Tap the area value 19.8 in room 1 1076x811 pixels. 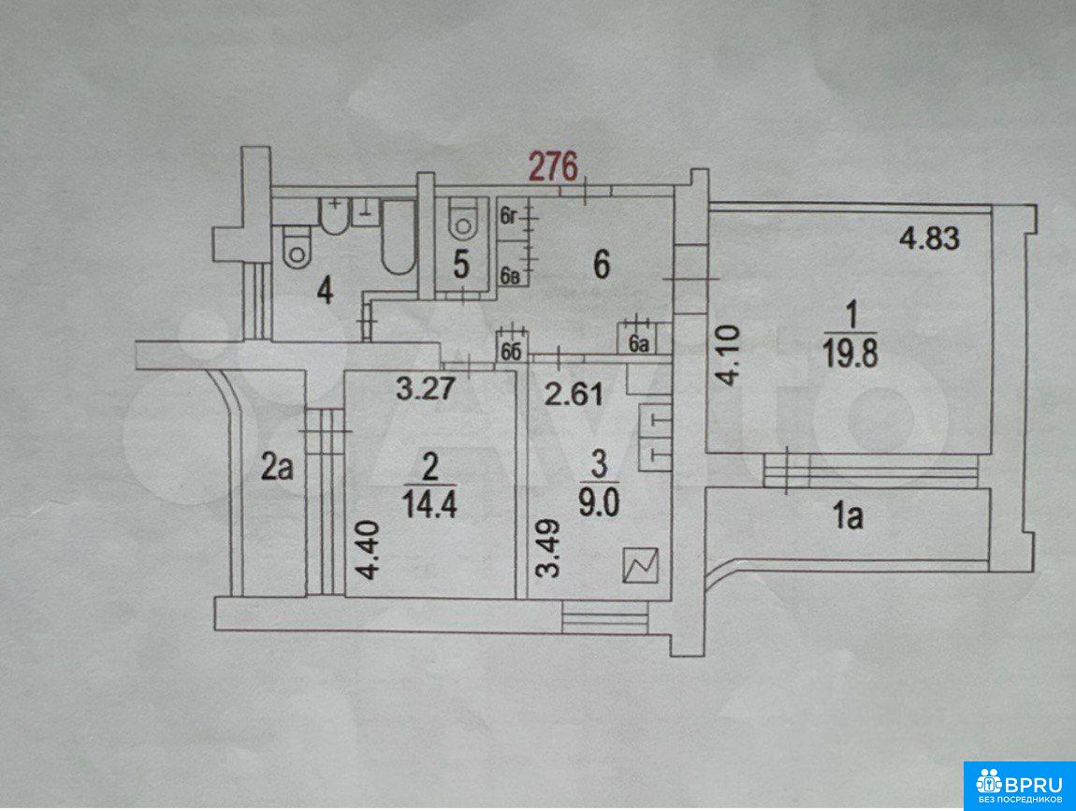(x=851, y=355)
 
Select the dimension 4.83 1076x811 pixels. (x=930, y=239)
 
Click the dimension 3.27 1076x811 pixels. (x=426, y=389)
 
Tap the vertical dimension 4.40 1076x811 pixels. (x=368, y=550)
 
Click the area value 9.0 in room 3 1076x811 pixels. (x=599, y=503)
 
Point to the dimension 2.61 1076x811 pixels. (x=574, y=394)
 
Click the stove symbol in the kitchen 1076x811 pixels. (x=640, y=566)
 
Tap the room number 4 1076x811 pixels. (x=325, y=293)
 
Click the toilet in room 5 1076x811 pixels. (x=463, y=219)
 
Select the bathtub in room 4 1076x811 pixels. (x=398, y=238)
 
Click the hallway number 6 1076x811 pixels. (x=601, y=265)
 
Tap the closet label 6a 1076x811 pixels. (x=638, y=344)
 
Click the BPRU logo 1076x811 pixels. (x=1019, y=786)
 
